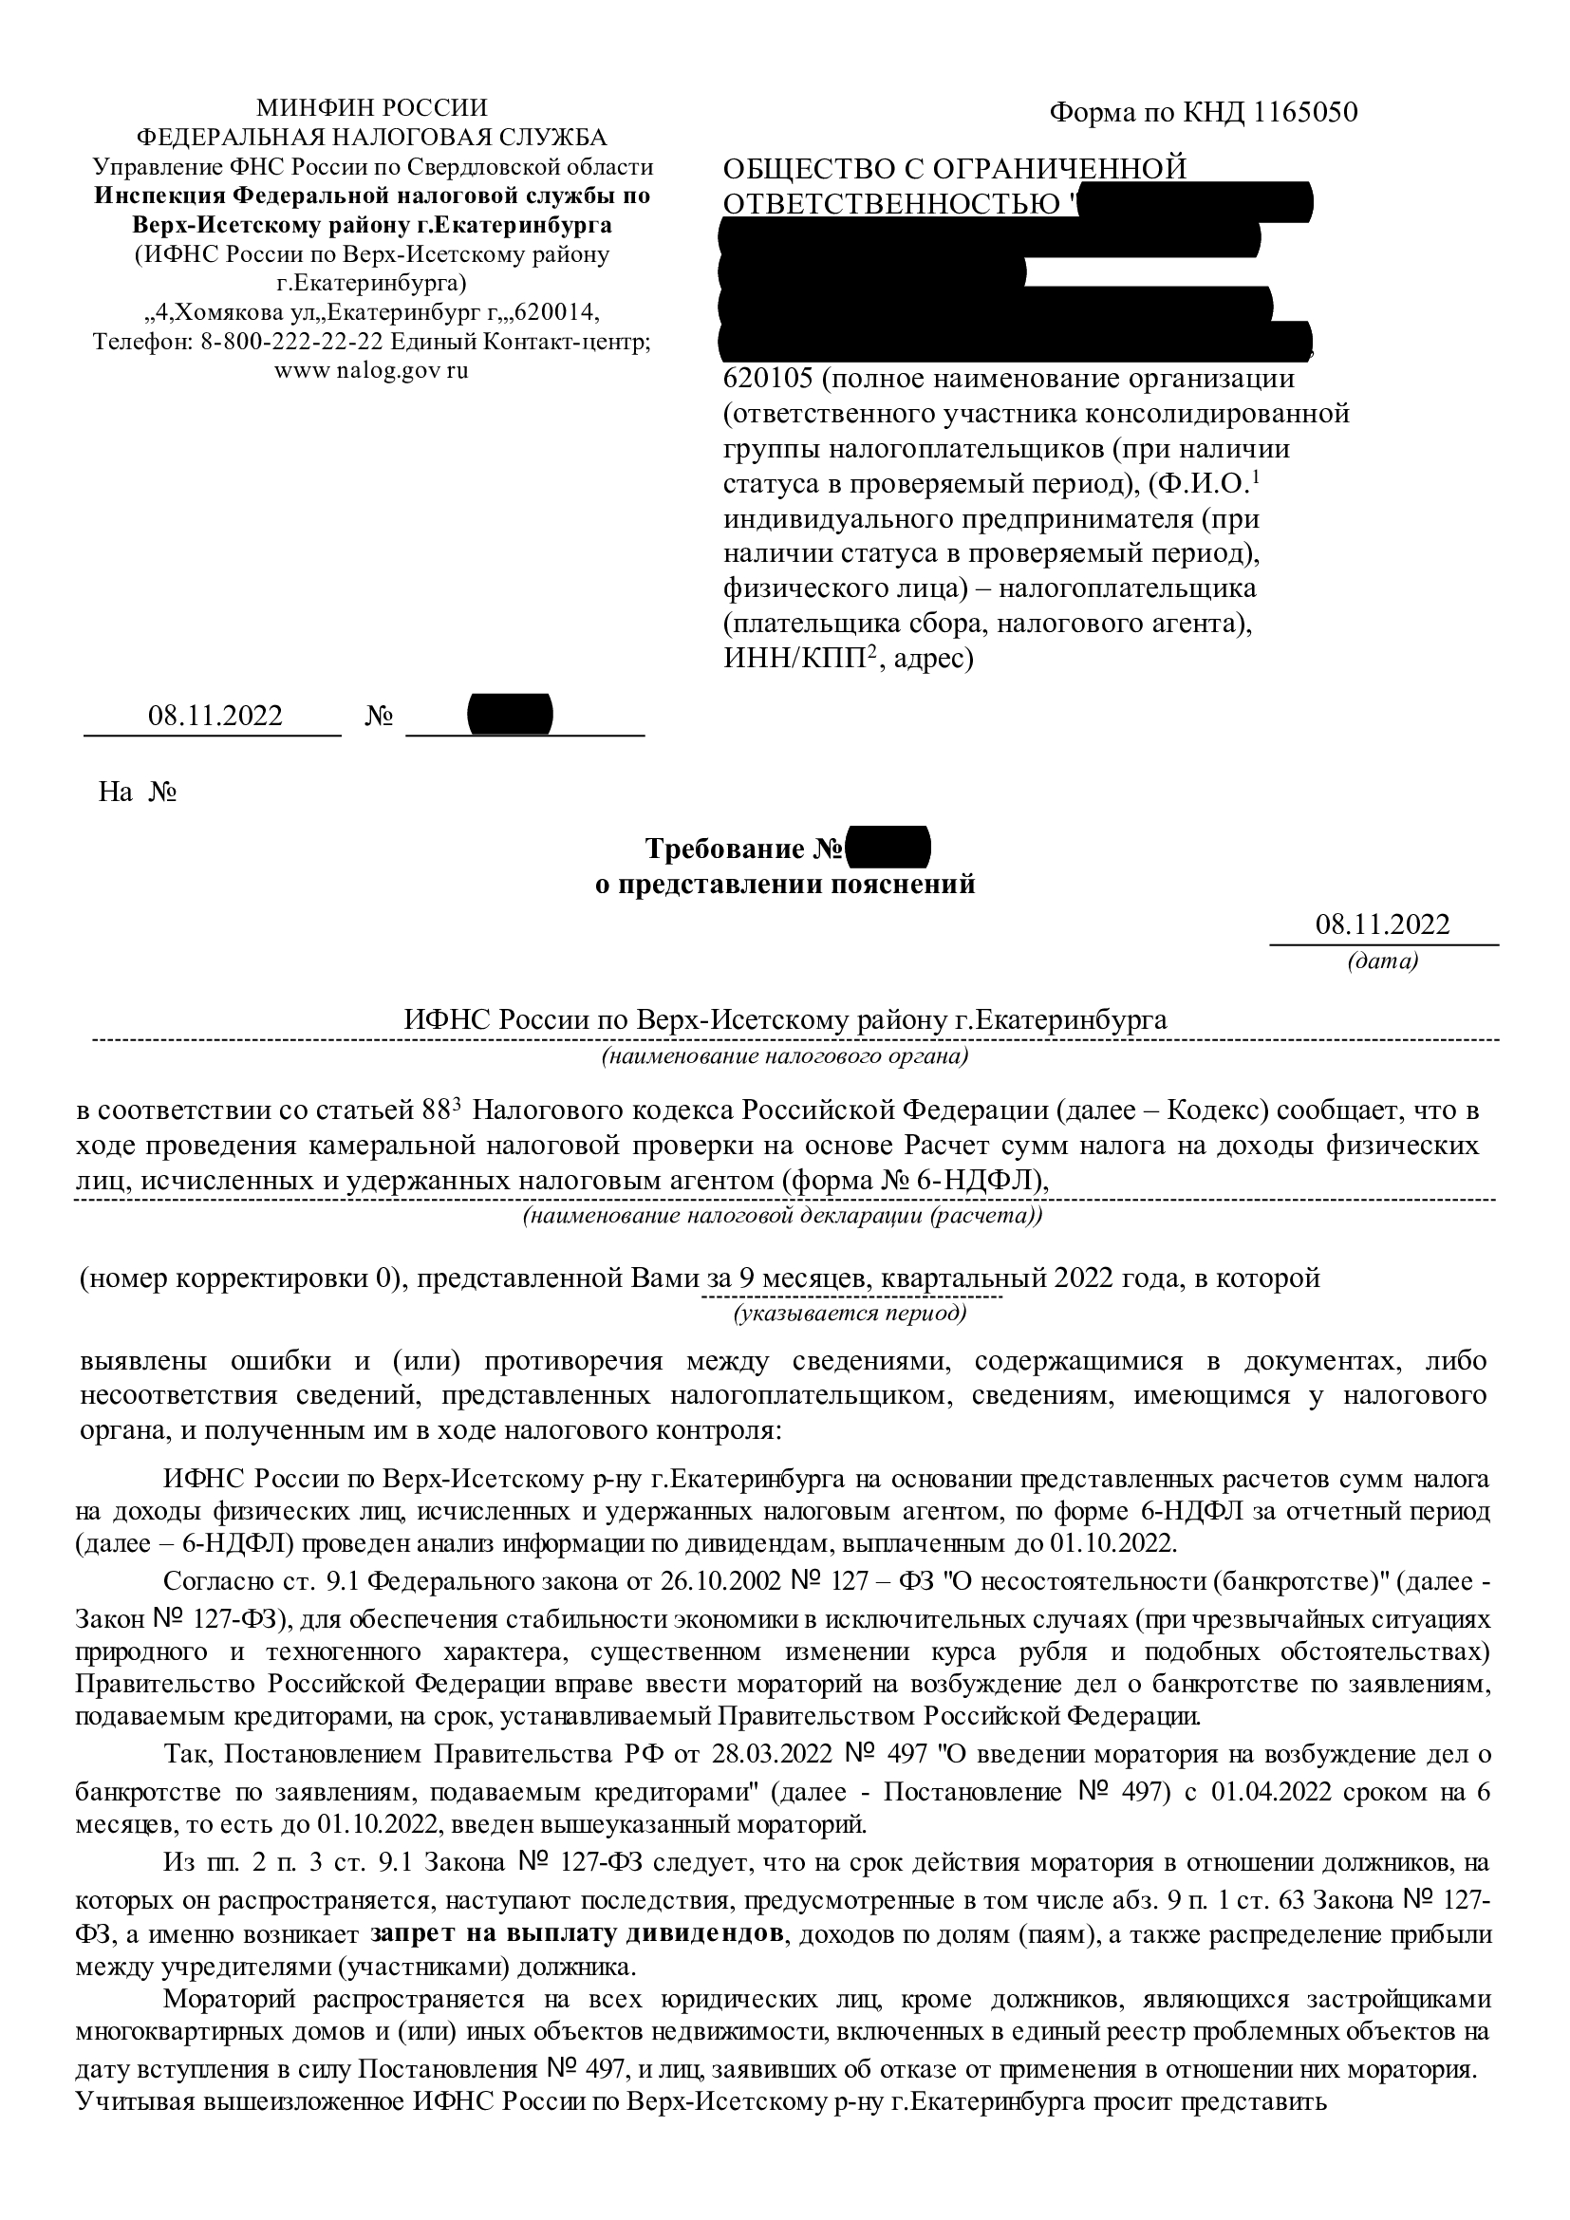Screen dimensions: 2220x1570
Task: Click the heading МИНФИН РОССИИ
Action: [371, 107]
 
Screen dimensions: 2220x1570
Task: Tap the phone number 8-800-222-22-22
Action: [292, 343]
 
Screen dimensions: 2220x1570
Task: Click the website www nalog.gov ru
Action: [371, 371]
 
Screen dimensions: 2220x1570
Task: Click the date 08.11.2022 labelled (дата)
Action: [1381, 924]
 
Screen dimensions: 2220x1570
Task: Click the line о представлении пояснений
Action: [784, 884]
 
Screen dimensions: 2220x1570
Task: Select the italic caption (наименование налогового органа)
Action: [784, 1055]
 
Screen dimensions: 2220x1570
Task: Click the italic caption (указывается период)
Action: [850, 1313]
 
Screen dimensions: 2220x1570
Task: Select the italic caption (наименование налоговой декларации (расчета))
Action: [782, 1216]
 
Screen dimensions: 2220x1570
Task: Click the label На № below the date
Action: [137, 793]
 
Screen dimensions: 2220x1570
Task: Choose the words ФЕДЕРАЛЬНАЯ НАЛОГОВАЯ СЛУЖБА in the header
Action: [371, 138]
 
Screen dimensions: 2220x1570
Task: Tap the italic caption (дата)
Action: [1381, 962]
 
